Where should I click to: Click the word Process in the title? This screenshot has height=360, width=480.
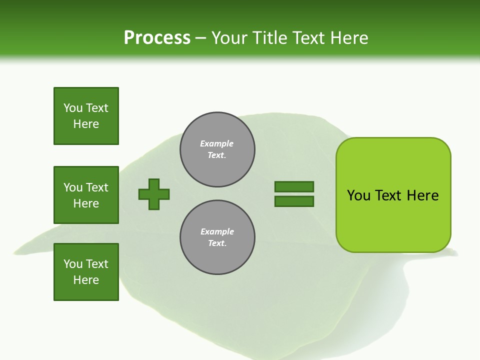[157, 38]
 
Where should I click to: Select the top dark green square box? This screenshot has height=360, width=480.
[86, 116]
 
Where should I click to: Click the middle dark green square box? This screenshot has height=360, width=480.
[86, 195]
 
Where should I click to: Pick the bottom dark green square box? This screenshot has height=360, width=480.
[86, 272]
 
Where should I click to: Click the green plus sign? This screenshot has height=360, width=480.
[154, 194]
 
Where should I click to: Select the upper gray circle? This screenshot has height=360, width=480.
[217, 149]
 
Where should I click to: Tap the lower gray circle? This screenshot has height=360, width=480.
[217, 237]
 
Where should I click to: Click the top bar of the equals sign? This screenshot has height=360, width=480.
[294, 186]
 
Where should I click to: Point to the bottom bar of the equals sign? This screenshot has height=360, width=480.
[294, 201]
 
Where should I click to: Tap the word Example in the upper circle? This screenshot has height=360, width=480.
[217, 143]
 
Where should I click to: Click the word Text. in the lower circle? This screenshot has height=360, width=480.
[217, 243]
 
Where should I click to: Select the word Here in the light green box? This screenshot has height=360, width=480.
[422, 195]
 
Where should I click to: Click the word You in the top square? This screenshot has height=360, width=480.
[73, 108]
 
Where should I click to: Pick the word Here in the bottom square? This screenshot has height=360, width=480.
[86, 280]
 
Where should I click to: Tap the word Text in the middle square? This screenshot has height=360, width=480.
[97, 187]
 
